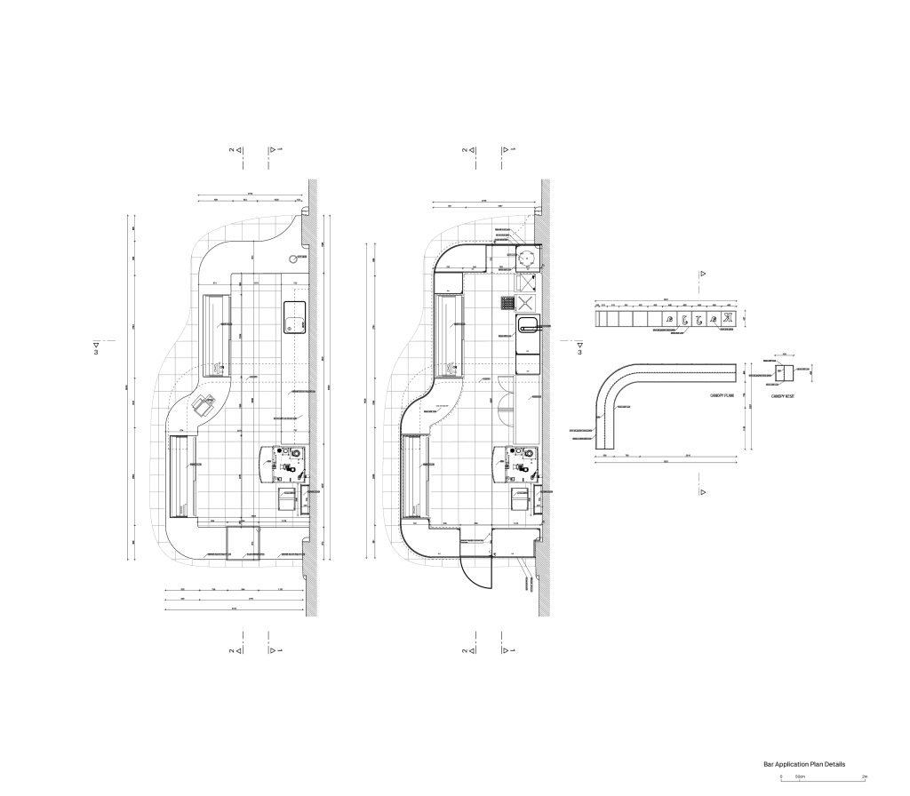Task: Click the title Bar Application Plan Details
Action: pyautogui.click(x=804, y=764)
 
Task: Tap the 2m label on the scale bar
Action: pyautogui.click(x=865, y=776)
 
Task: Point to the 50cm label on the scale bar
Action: pyautogui.click(x=800, y=776)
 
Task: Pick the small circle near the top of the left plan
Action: pyautogui.click(x=294, y=259)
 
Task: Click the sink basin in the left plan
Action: pyautogui.click(x=294, y=317)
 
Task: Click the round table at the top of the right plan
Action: pyautogui.click(x=527, y=257)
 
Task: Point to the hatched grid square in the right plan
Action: pyautogui.click(x=507, y=302)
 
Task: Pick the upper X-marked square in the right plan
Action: pyautogui.click(x=526, y=283)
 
